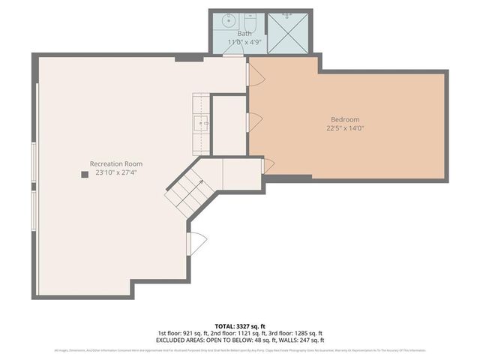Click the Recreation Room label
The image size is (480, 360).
(x=116, y=163)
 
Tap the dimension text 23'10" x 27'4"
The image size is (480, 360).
(x=116, y=172)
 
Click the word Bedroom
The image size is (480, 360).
(x=345, y=119)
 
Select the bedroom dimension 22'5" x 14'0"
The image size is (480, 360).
(x=345, y=128)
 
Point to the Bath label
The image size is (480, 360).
(x=245, y=34)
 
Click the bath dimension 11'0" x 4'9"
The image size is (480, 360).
(x=245, y=42)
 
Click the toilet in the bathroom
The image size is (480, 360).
(x=251, y=21)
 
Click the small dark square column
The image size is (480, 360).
(x=84, y=175)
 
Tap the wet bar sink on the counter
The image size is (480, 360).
(x=202, y=121)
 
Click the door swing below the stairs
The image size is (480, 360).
(x=196, y=244)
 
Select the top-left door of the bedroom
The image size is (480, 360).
(x=255, y=73)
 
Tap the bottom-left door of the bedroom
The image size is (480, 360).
(x=268, y=166)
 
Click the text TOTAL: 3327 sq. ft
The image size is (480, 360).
(x=240, y=326)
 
